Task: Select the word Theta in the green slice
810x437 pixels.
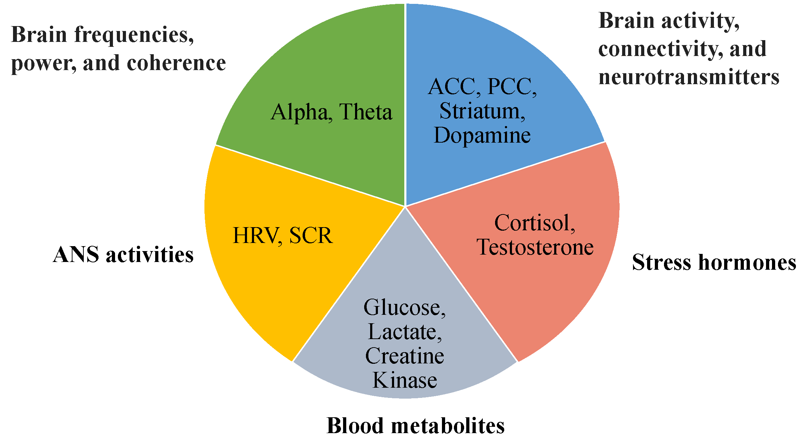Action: coord(366,113)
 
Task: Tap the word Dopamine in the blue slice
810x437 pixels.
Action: coord(482,136)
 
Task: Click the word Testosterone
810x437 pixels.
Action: coord(535,247)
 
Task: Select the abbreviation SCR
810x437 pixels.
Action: coord(311,236)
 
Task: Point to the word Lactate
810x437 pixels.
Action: coord(404,332)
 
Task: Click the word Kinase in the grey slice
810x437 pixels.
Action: coord(405,380)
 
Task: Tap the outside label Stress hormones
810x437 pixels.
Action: coord(714,262)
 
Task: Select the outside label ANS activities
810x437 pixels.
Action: coord(123,255)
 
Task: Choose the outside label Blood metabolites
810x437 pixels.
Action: coord(416,425)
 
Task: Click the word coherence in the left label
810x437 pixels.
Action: coord(176,63)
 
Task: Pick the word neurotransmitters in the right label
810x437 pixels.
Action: coord(689,77)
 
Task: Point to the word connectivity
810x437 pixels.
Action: coord(660,49)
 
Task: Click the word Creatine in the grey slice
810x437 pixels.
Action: coord(405,356)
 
